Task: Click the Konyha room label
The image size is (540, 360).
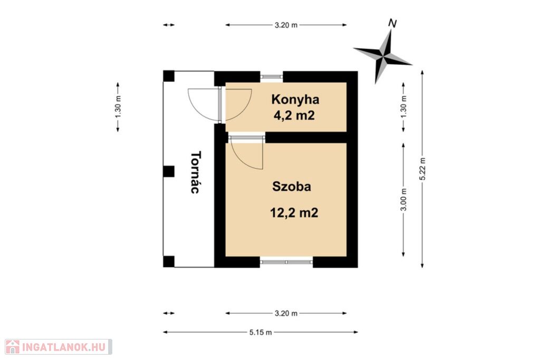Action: point(295,100)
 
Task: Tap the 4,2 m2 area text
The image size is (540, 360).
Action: point(294,115)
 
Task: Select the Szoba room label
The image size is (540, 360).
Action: point(292,187)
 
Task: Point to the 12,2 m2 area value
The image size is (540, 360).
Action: point(294,213)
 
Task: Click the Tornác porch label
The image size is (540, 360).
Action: point(195,172)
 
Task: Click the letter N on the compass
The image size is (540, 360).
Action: point(392,23)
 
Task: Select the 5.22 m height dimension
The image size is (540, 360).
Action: point(423,169)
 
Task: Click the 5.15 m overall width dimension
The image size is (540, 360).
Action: point(261,333)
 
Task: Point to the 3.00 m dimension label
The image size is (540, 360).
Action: point(404,200)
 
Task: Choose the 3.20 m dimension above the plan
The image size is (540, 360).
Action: point(286,25)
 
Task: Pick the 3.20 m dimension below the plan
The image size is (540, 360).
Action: point(286,314)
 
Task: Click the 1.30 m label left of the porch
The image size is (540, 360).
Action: point(118,107)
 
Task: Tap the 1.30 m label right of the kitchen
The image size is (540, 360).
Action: point(403,106)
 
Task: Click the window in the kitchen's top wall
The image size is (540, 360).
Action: point(272,77)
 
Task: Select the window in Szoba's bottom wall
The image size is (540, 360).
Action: point(286,262)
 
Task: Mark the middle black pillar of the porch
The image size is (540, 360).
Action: point(169,171)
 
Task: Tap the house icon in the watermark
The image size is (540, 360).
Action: point(13,347)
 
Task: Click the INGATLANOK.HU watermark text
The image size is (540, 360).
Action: point(64,347)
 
